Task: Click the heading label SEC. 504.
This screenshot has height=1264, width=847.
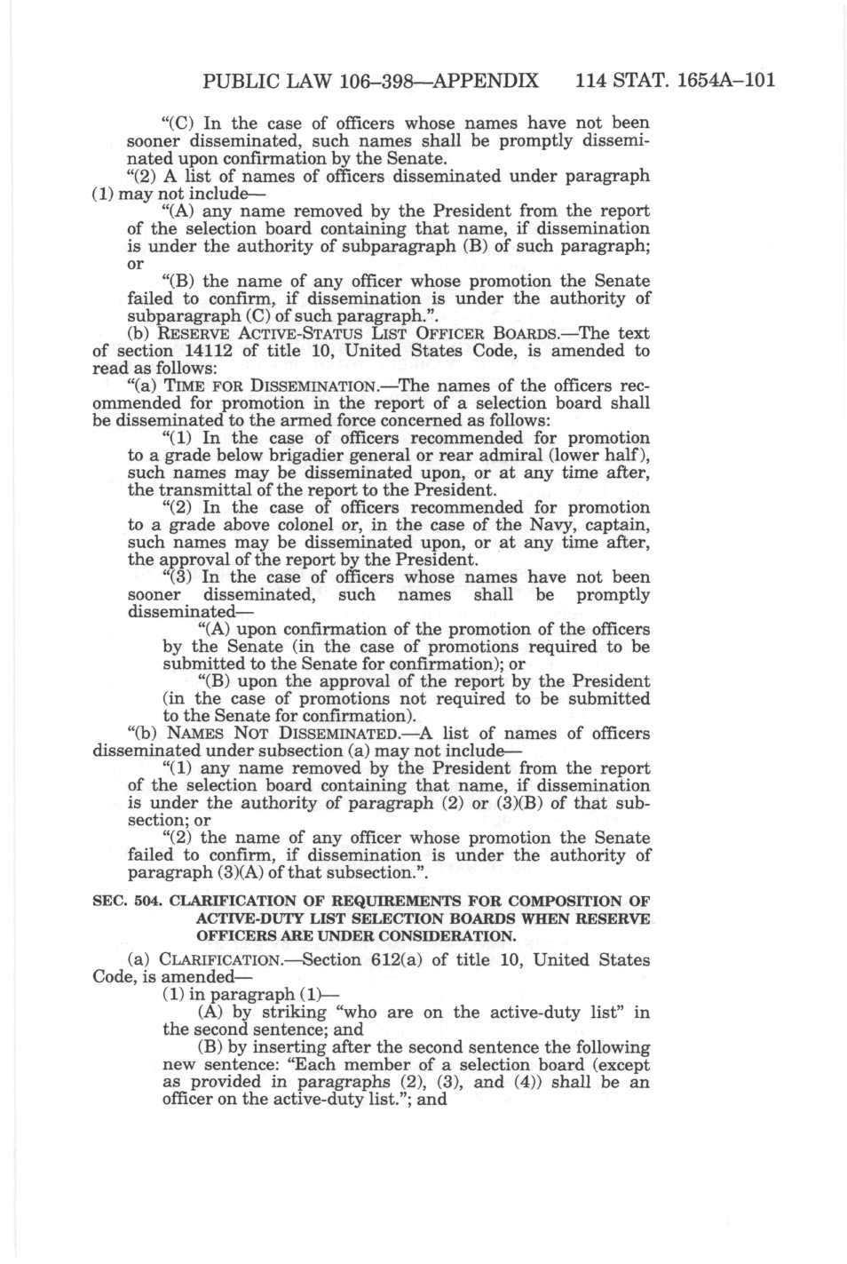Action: click(127, 901)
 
